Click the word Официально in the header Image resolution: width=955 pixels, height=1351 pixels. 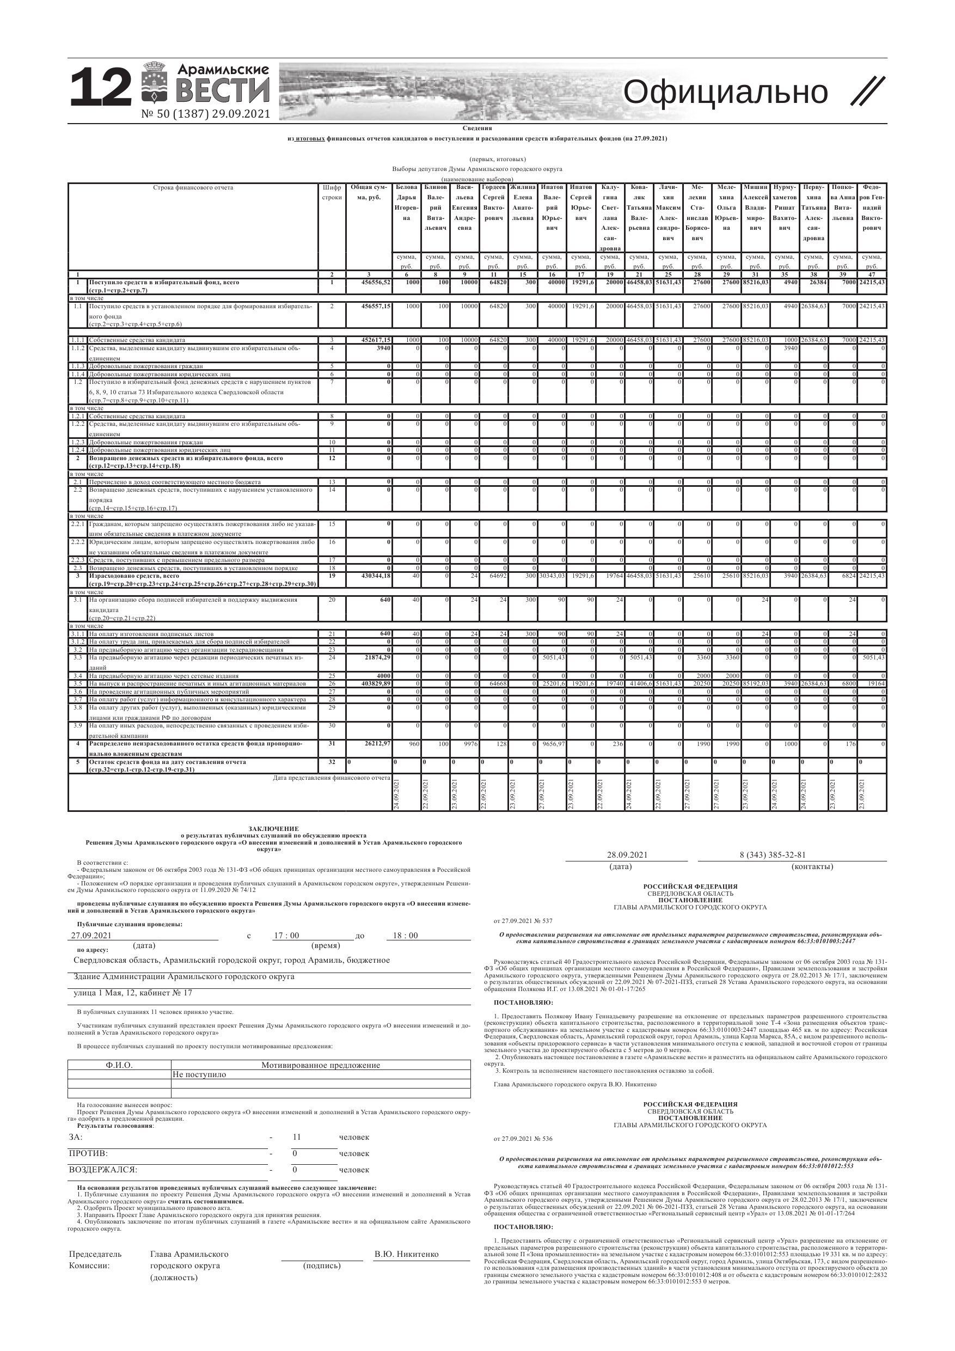pyautogui.click(x=725, y=93)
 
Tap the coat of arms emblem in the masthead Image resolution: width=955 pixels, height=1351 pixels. pyautogui.click(x=154, y=82)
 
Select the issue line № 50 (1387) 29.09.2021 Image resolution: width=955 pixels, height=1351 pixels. pyautogui.click(x=205, y=114)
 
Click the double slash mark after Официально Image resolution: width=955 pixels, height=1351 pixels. pyautogui.click(x=867, y=92)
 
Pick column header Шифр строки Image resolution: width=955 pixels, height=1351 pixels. pyautogui.click(x=332, y=192)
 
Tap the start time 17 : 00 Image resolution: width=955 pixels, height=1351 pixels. pyautogui.click(x=286, y=936)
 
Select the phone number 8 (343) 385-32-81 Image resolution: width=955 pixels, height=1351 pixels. pyautogui.click(x=772, y=855)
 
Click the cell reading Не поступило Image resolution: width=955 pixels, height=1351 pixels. pyautogui.click(x=199, y=1074)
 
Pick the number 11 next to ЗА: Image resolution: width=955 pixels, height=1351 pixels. pyautogui.click(x=297, y=1137)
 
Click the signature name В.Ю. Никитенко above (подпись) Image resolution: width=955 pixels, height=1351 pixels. pyautogui.click(x=406, y=1254)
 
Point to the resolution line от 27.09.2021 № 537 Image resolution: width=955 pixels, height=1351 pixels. pyautogui.click(x=523, y=921)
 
